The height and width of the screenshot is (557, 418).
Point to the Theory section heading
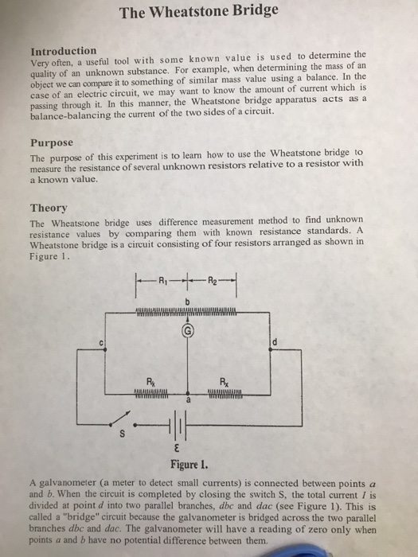coord(48,208)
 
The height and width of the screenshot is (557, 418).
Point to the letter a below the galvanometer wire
coord(189,403)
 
